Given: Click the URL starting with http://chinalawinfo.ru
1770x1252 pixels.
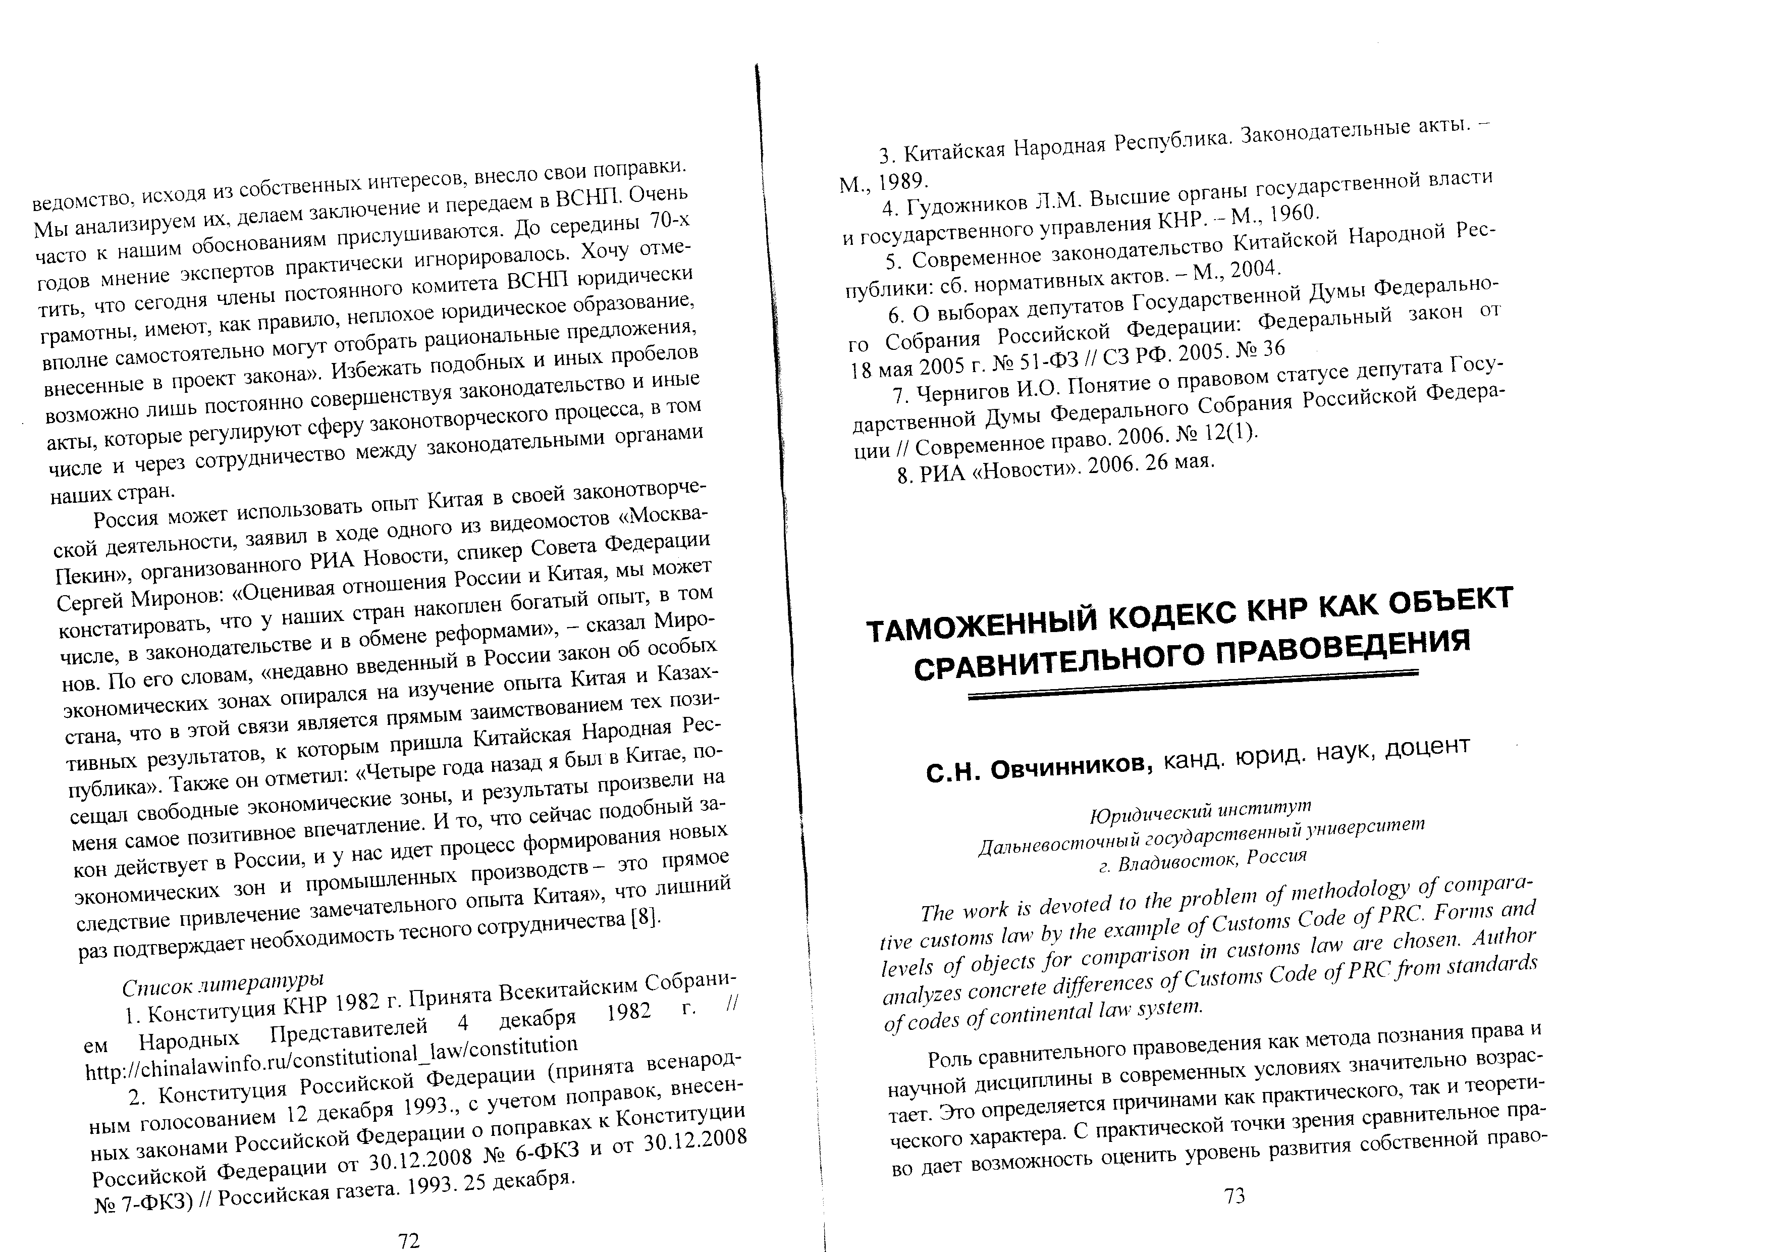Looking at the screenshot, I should pos(332,1059).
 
